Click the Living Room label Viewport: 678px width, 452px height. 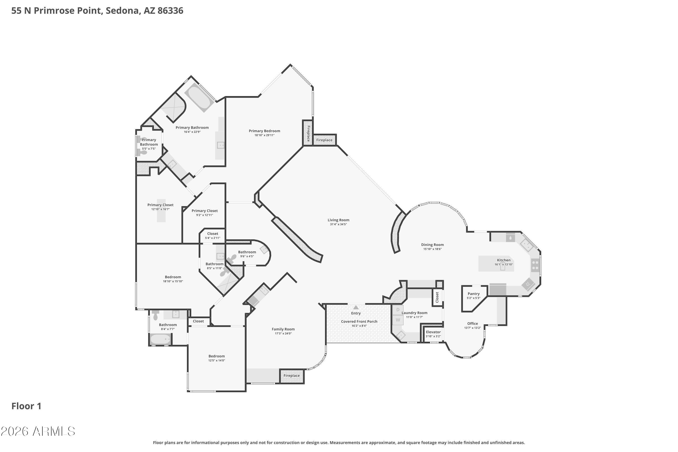(x=338, y=220)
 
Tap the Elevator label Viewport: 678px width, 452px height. (x=433, y=332)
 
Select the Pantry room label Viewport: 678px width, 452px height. (x=474, y=294)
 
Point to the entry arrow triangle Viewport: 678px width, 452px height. (x=356, y=307)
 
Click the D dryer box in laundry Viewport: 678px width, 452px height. (x=398, y=310)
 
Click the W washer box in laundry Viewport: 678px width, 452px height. (x=398, y=320)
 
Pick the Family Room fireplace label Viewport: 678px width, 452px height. (x=292, y=376)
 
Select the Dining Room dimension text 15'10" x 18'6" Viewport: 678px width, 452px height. (x=432, y=249)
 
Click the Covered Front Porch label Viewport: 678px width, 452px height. (x=359, y=321)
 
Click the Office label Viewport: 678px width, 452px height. (x=473, y=323)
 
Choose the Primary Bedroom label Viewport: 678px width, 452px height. (x=264, y=131)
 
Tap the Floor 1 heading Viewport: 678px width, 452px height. (x=26, y=406)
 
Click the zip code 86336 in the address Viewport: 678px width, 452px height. (x=170, y=11)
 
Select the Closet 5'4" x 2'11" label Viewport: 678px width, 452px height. (x=213, y=235)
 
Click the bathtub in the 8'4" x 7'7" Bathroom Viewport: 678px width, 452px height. (x=160, y=339)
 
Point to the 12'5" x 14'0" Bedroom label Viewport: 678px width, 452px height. (x=217, y=358)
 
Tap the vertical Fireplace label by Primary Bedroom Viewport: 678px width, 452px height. (x=308, y=133)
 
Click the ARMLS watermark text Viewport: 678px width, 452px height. (x=38, y=431)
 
